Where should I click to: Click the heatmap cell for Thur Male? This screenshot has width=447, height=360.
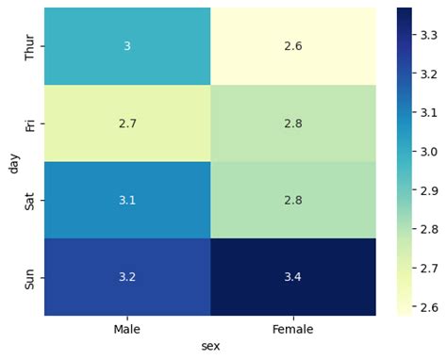point(127,46)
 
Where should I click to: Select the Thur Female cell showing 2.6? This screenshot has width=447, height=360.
point(292,46)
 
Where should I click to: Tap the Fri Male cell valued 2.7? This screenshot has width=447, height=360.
point(127,123)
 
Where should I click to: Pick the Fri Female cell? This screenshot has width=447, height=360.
point(292,123)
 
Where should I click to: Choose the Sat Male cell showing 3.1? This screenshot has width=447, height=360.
point(127,199)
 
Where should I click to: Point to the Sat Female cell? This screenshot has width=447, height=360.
point(292,199)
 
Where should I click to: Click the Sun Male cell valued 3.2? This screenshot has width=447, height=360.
point(127,276)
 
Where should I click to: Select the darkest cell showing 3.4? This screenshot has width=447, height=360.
point(292,276)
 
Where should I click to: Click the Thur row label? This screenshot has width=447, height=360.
point(31,46)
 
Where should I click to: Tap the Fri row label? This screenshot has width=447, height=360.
point(31,123)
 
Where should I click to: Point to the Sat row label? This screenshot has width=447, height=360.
point(31,199)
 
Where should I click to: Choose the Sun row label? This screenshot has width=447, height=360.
point(31,276)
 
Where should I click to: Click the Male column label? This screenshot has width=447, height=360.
point(127,329)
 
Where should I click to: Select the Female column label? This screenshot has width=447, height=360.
point(292,329)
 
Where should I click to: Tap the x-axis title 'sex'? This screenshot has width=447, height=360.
point(210,346)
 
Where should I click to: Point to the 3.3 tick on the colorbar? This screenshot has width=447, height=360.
point(426,36)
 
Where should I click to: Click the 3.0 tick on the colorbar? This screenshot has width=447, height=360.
point(426,151)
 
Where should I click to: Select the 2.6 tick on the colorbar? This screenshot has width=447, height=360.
point(426,305)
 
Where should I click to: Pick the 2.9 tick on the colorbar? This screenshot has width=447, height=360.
point(426,189)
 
